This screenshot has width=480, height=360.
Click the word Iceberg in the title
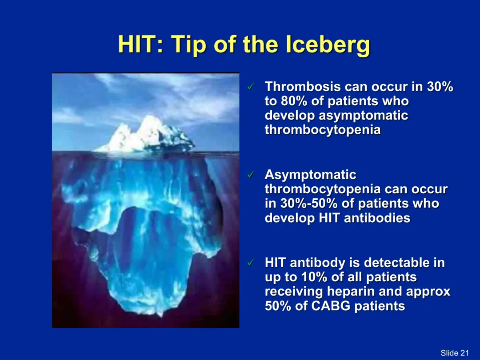(328, 45)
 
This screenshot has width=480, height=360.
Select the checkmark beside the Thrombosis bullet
(251, 87)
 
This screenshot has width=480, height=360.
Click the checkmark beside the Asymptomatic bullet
(251, 175)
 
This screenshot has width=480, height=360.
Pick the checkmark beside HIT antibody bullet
(251, 262)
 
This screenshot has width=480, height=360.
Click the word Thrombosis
(303, 87)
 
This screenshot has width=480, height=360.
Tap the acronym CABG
(331, 306)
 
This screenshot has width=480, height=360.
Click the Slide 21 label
(455, 352)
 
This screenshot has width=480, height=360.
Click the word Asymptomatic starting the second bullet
(310, 175)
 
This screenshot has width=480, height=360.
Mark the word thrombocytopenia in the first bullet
(323, 130)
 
